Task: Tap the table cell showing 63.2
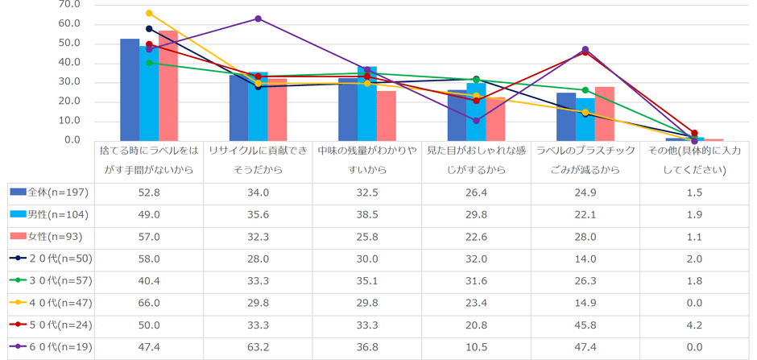pos(257,347)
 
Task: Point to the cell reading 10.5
pos(475,347)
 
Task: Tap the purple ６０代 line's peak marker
pos(258,19)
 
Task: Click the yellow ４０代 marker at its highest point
pos(149,13)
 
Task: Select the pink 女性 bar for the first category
pos(168,86)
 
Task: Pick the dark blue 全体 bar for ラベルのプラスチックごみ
pos(566,117)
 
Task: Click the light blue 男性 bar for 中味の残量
pos(367,104)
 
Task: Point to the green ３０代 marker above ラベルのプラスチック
pos(585,90)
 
